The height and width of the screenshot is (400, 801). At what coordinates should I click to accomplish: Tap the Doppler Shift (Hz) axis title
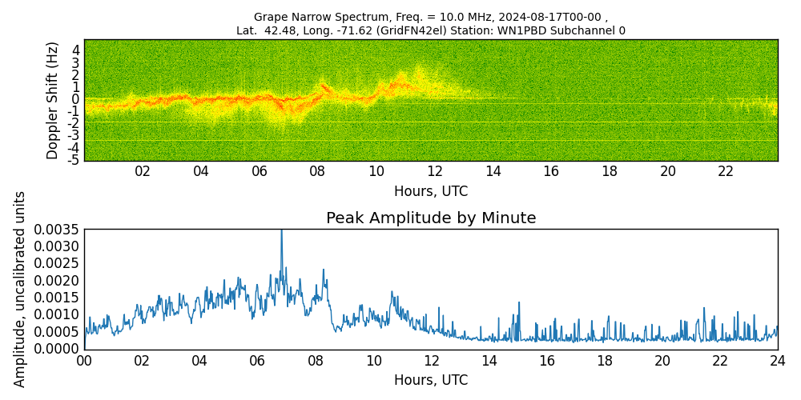point(53,100)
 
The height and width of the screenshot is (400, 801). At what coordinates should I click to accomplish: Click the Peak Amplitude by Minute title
point(431,218)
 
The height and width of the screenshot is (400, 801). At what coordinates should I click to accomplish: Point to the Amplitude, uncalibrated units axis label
point(20,289)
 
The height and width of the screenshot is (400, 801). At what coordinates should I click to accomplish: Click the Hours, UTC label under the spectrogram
point(431,191)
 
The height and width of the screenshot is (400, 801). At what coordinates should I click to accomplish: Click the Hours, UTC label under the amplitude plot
point(431,380)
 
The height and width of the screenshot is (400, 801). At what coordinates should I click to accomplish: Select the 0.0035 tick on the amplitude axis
point(56,230)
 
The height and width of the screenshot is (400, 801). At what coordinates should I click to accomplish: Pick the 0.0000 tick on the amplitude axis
point(56,349)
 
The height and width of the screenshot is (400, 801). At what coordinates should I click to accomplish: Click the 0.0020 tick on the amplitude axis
point(56,281)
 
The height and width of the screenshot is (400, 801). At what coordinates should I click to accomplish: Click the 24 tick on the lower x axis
point(778,361)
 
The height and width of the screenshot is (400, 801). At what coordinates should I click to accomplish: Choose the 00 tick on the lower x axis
point(84,361)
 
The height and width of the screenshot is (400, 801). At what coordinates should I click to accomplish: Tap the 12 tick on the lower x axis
point(431,361)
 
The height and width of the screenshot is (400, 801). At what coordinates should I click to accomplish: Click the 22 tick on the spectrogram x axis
point(726,171)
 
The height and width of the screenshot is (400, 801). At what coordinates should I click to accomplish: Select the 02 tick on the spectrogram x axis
point(143,171)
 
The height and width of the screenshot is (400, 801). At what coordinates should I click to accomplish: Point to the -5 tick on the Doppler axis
point(72,160)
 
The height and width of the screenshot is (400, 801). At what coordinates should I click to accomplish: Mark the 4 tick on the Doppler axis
point(75,50)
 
